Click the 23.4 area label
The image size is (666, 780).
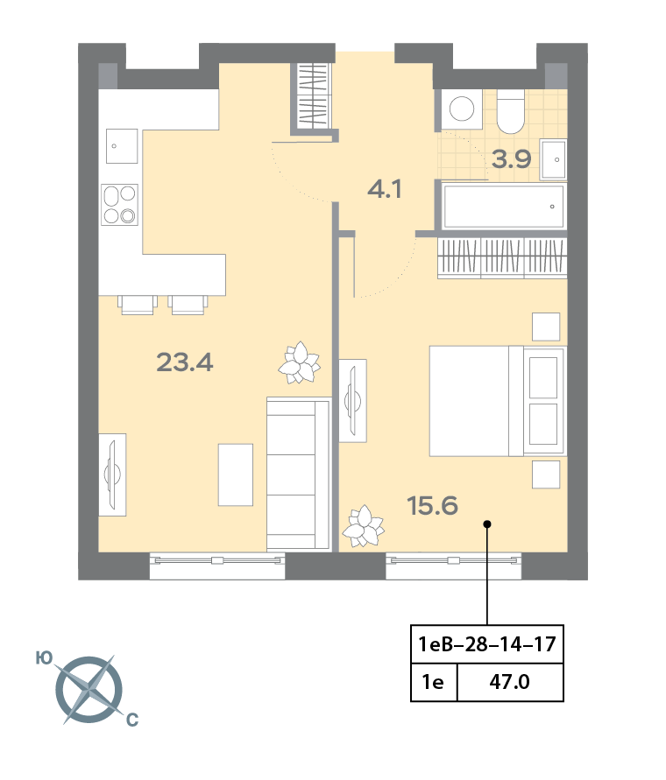(185, 362)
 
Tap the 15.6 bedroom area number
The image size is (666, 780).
(432, 506)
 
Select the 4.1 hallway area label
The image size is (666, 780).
(385, 189)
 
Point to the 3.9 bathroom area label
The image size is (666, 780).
(511, 159)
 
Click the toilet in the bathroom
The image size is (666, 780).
(511, 111)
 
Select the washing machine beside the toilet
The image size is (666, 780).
(462, 109)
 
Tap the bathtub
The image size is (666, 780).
(504, 207)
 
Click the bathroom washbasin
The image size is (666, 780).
(554, 159)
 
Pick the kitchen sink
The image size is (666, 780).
(122, 145)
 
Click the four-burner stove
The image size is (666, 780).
(119, 205)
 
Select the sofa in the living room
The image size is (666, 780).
(298, 474)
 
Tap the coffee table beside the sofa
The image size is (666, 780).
(236, 475)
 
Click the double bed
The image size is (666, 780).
(498, 401)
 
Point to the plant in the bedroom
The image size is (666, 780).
(365, 526)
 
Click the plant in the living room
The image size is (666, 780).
(299, 362)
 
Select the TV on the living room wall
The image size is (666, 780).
(112, 474)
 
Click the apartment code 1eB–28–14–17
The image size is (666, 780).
(487, 644)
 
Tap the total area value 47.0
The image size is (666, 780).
(510, 682)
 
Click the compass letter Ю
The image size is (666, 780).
(44, 658)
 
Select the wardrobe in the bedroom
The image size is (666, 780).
(503, 257)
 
